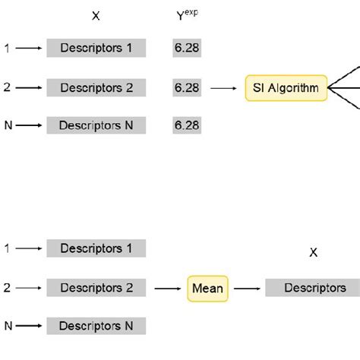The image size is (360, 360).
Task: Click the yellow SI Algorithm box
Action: [x=286, y=88]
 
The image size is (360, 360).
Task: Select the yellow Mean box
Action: [x=207, y=288]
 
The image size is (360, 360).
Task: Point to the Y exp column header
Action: [x=187, y=15]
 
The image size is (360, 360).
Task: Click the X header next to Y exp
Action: [x=95, y=15]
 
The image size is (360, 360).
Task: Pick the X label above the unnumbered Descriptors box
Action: [x=313, y=253]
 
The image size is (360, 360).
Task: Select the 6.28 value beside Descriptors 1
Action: [x=187, y=49]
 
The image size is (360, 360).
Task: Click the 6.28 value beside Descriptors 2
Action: [x=187, y=88]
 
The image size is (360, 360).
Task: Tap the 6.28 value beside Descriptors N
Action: [x=187, y=124]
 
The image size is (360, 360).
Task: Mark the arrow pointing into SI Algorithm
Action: [x=223, y=88]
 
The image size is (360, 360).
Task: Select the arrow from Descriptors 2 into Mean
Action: [x=169, y=288]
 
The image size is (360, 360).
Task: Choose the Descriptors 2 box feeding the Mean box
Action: [x=96, y=288]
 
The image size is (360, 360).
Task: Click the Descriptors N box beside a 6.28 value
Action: [x=96, y=124]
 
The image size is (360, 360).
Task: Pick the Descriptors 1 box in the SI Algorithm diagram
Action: [x=96, y=49]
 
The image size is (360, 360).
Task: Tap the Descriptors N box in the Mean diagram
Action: [x=96, y=325]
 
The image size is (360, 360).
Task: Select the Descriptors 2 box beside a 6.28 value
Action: [x=96, y=88]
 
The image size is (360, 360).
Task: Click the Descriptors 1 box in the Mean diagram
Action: [x=96, y=248]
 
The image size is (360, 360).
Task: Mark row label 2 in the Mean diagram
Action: [x=7, y=288]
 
